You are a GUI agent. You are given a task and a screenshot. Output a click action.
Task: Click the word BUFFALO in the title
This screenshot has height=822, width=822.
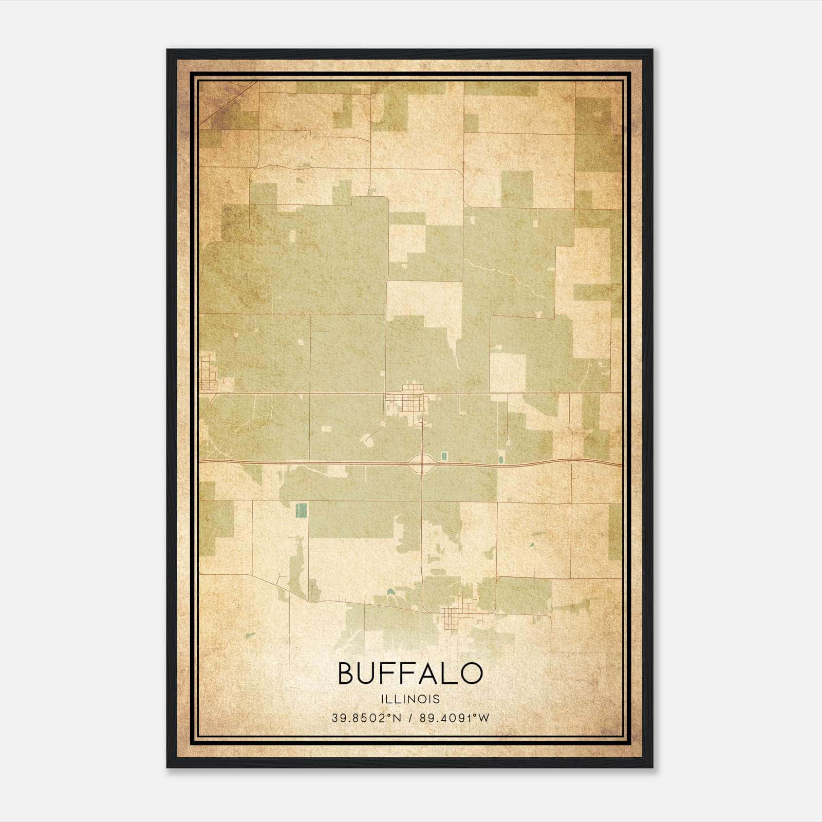(410, 673)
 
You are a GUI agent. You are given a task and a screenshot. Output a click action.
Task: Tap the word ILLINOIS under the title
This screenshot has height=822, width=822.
(410, 699)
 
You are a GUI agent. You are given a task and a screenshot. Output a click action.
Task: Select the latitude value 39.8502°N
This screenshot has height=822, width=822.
(366, 718)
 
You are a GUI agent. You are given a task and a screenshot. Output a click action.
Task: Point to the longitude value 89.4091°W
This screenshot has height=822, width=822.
(455, 718)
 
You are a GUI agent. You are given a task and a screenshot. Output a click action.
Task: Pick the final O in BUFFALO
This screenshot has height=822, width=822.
(471, 673)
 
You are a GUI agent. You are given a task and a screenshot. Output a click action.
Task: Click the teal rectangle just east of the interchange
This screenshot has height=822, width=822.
(443, 455)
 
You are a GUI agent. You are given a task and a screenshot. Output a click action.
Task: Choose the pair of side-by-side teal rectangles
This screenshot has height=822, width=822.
(301, 510)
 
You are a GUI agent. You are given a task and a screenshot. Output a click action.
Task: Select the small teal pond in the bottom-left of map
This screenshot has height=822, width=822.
(250, 635)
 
